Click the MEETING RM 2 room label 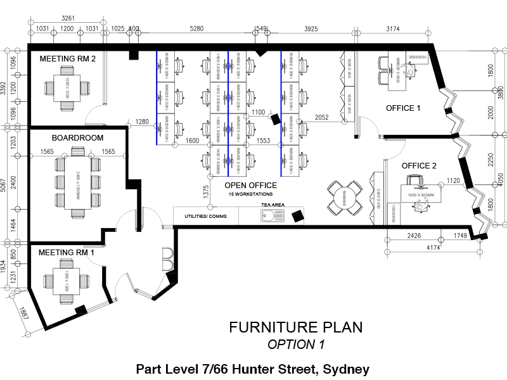coord(68,59)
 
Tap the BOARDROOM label coord(77,137)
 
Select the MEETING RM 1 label coord(67,253)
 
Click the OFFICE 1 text coord(403,108)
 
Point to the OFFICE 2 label coord(419,166)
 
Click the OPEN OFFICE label coord(251,186)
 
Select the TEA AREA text coord(272,205)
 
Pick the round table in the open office coord(345,197)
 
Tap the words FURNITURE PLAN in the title coord(296,327)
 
